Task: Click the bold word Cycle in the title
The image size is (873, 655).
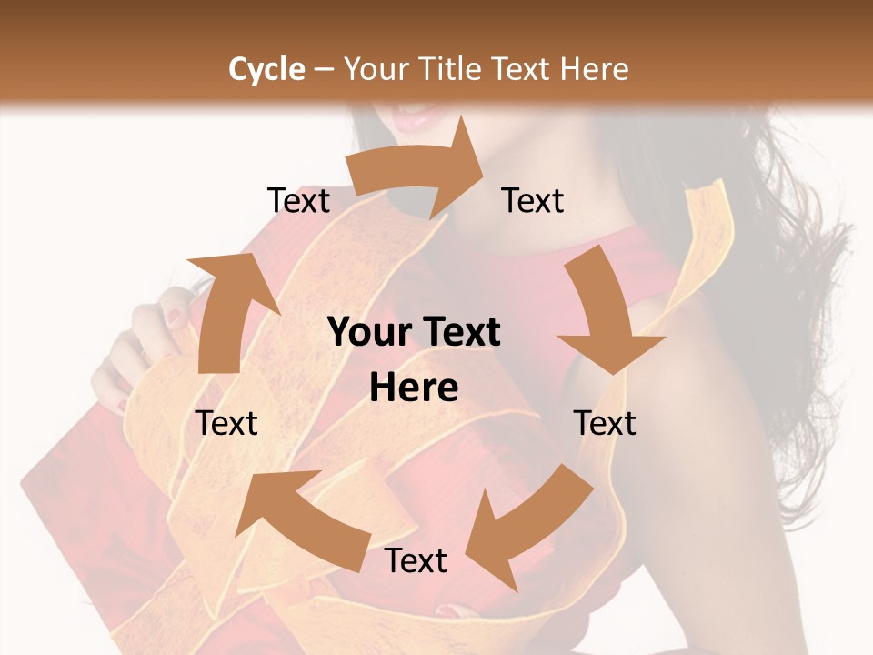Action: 266,69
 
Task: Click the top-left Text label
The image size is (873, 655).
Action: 298,200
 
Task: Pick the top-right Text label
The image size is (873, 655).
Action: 533,200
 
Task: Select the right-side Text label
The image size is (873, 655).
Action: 605,423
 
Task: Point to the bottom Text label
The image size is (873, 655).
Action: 416,560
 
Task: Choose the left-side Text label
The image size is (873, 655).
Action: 226,423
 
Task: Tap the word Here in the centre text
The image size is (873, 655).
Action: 414,388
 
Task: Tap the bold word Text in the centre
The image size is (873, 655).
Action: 462,333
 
